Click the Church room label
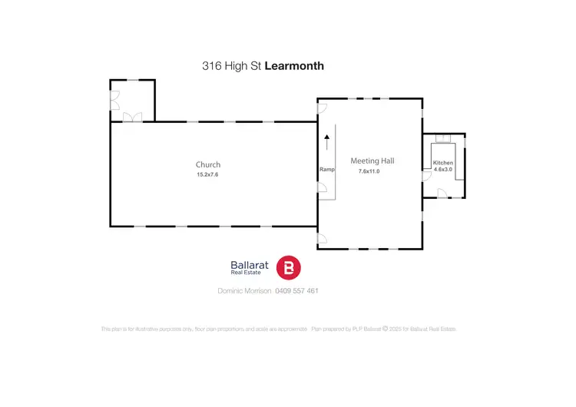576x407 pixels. (207, 164)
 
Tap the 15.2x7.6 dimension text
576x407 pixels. (207, 175)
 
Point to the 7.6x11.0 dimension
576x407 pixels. (369, 171)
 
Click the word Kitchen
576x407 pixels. (443, 164)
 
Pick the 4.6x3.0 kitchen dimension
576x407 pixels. (443, 170)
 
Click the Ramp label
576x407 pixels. (326, 170)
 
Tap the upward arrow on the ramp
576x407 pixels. (326, 142)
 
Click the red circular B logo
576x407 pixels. (289, 267)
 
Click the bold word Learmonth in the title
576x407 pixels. (294, 66)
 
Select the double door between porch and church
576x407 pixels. (132, 117)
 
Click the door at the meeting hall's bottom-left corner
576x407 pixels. (322, 238)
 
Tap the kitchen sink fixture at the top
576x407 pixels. (442, 138)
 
